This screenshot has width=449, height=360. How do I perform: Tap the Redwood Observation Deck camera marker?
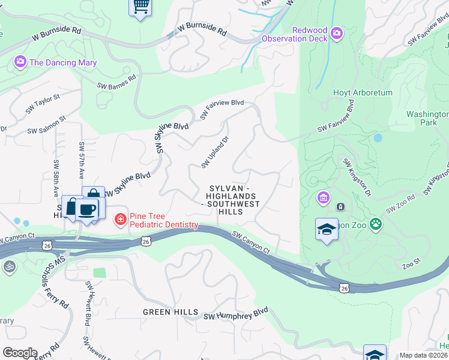point(336,32)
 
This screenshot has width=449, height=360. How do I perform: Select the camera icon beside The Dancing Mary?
point(20,62)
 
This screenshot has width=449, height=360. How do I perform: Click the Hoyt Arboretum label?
point(363,93)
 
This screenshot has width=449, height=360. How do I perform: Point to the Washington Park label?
point(427,118)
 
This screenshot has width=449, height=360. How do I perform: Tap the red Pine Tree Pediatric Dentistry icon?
point(121,220)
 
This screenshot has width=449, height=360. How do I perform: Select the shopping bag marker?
point(94,197)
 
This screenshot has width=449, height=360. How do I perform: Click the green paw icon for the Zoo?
point(376,224)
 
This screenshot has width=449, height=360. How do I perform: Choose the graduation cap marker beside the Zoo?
point(327,229)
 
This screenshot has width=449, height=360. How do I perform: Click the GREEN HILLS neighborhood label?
point(170,312)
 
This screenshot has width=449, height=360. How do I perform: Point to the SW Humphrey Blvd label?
point(235,314)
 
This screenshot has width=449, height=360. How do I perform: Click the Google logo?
point(20,352)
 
